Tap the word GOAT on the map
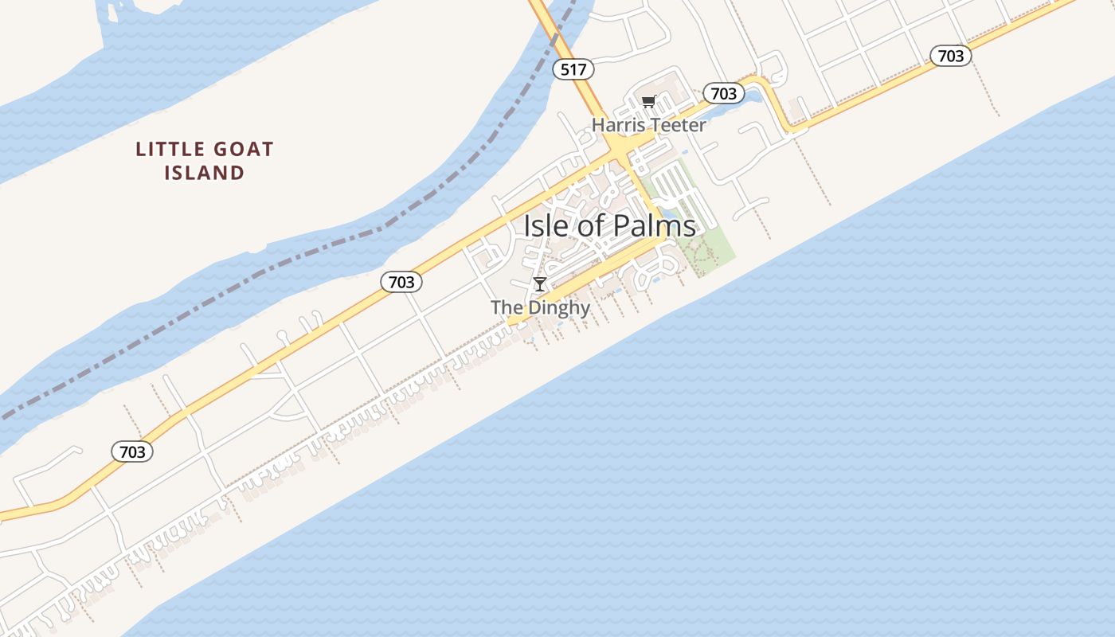(235, 149)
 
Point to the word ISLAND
(204, 173)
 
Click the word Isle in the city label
(546, 225)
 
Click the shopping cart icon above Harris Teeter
(648, 101)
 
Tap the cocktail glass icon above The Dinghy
(540, 284)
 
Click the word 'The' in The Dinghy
(504, 307)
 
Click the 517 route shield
(573, 69)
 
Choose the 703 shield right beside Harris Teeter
(723, 93)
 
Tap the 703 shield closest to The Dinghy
(401, 281)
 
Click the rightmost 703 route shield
(950, 55)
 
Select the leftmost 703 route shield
(132, 451)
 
